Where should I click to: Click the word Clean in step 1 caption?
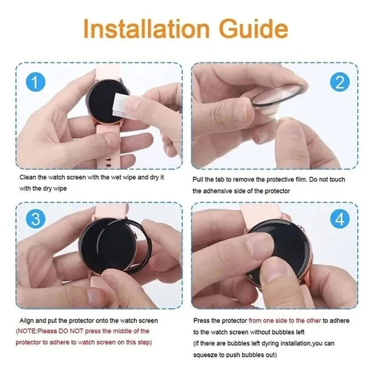[28, 178]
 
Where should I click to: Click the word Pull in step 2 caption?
[199, 179]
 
